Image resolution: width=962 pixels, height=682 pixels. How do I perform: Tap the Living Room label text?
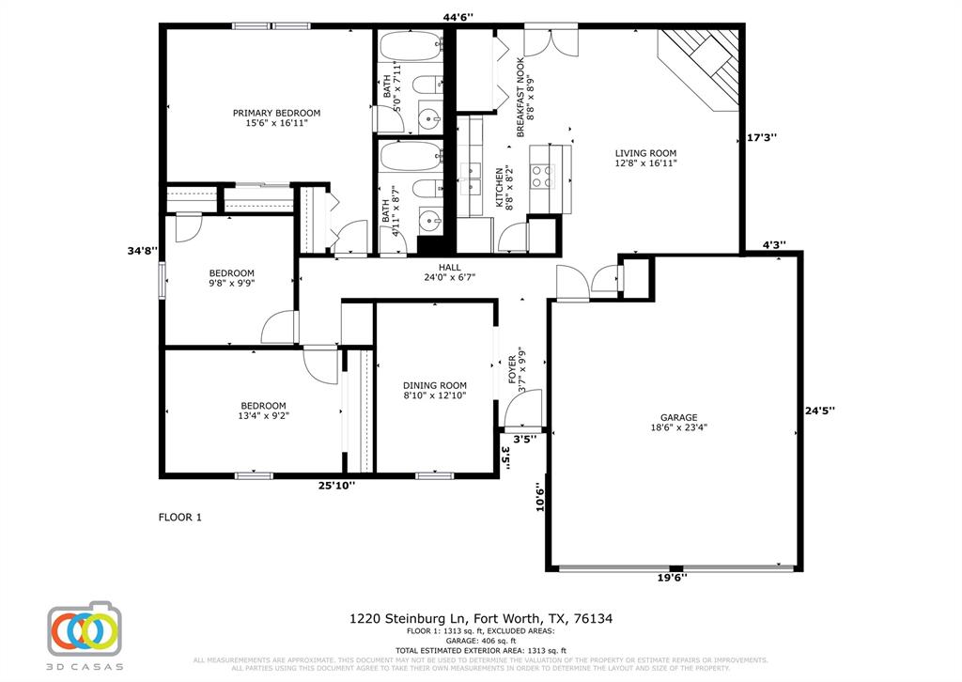tap(645, 158)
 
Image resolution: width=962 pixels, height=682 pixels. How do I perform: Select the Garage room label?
tap(677, 422)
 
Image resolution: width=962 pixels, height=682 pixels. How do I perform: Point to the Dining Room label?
tap(434, 391)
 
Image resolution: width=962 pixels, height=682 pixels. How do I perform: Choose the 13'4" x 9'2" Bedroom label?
tap(262, 411)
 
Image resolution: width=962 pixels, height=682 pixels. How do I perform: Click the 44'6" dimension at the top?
tap(458, 16)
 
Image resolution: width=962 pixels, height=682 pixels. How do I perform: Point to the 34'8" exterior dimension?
tap(143, 251)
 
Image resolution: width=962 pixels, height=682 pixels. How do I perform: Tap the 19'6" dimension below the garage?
tap(672, 579)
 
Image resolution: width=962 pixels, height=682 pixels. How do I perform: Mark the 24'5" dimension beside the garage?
tap(819, 410)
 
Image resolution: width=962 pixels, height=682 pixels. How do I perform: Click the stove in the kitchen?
tap(543, 172)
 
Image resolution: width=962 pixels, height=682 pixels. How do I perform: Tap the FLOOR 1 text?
tap(178, 517)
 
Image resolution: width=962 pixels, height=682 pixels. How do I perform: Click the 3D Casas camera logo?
tap(85, 631)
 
